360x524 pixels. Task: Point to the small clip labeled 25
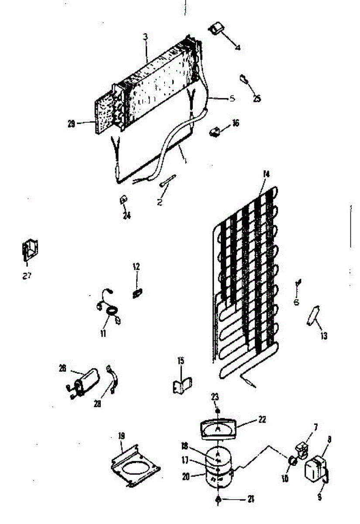[x=243, y=79]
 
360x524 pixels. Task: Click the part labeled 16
[x=215, y=130]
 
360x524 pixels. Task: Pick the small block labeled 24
[x=123, y=200]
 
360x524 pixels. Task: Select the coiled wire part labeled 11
[x=110, y=311]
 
